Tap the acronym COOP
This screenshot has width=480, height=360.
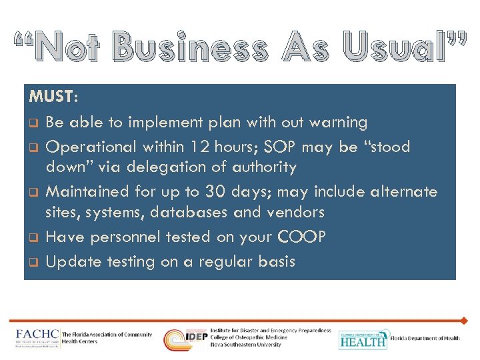point(302,237)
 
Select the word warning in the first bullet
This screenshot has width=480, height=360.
point(334,123)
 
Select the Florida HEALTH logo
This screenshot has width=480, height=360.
point(363,339)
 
